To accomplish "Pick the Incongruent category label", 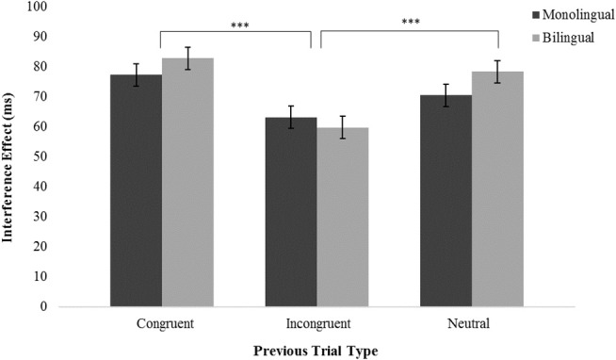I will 316,323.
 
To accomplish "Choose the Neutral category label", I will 471,323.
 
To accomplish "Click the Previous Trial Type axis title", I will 316,351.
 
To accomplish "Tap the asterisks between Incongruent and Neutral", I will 409,23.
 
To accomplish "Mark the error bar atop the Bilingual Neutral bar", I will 497,72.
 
